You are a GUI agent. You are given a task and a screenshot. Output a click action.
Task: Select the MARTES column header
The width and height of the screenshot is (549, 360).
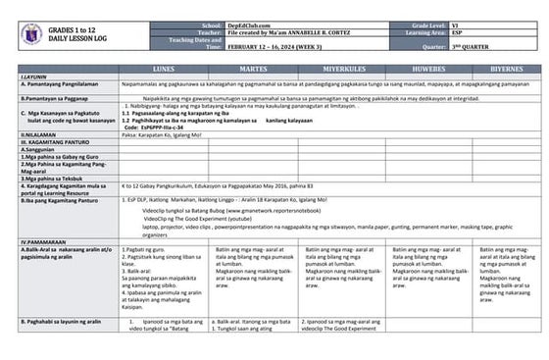click(x=253, y=70)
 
